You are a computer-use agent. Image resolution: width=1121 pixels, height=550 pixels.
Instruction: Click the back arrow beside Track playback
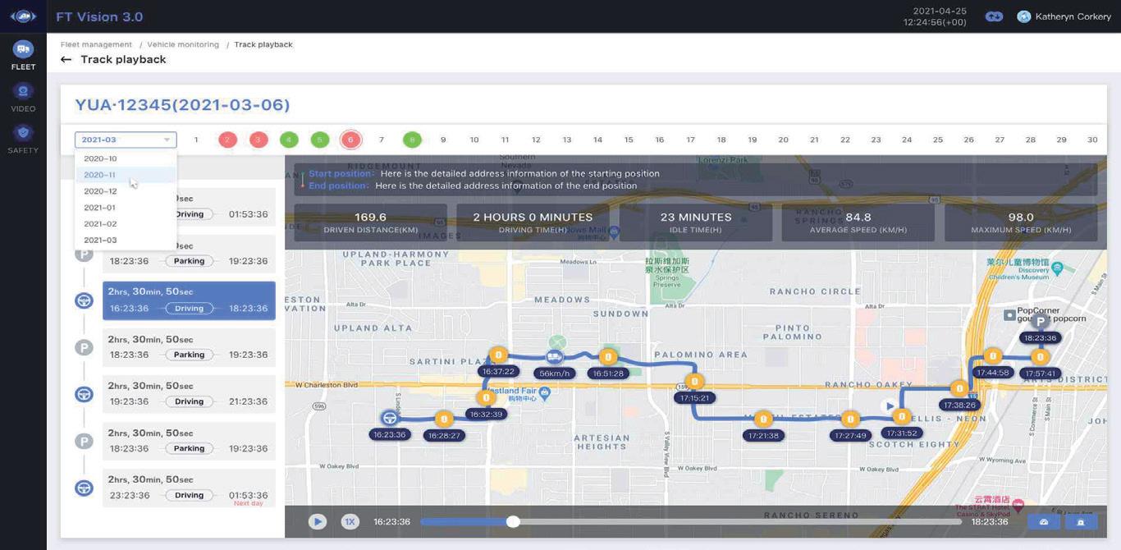pos(66,60)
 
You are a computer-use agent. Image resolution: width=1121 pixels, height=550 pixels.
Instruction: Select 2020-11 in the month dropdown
pos(100,175)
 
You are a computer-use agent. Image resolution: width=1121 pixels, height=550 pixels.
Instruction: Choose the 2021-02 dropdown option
pos(100,224)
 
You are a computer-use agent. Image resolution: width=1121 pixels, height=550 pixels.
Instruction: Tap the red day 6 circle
pos(350,140)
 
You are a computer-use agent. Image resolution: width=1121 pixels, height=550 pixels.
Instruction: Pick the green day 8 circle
pos(412,140)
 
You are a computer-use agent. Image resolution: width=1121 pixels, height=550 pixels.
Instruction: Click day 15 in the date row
pos(629,140)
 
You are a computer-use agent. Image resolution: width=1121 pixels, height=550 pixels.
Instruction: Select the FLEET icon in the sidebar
pos(23,50)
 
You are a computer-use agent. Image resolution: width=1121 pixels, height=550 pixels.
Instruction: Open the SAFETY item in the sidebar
pos(23,134)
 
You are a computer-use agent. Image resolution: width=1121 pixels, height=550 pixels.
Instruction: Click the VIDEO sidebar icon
pos(23,92)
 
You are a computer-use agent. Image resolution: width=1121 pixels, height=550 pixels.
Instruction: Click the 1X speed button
pos(350,521)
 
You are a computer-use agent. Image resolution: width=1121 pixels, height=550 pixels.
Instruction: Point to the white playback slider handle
pos(513,521)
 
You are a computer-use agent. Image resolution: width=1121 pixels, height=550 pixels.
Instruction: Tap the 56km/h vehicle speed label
pos(554,374)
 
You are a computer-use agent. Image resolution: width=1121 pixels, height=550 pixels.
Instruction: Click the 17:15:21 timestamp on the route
pos(694,398)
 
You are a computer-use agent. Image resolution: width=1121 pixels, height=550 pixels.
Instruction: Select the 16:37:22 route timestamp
pos(498,372)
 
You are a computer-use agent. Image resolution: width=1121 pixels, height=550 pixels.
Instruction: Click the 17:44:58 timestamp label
pos(992,373)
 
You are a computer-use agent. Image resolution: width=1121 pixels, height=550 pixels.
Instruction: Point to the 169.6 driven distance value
pos(370,218)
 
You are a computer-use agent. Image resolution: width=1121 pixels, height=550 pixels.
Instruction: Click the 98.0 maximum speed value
pos(1021,218)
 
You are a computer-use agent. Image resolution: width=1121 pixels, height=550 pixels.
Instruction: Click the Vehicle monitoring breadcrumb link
pos(183,44)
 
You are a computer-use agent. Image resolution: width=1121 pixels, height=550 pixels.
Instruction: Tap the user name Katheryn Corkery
pos(1073,16)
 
